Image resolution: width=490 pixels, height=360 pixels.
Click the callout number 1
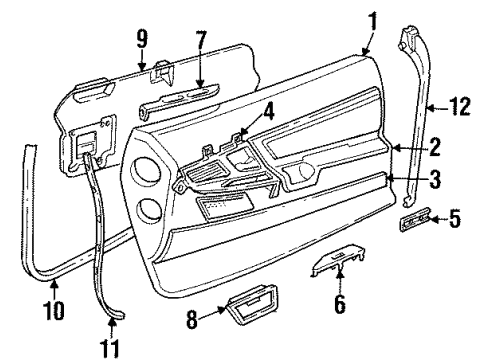(x=372, y=19)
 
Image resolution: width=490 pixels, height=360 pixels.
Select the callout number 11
(x=112, y=348)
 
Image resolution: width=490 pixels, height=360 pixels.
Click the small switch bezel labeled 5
(x=415, y=219)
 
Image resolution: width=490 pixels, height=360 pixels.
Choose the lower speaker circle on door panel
(x=150, y=211)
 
